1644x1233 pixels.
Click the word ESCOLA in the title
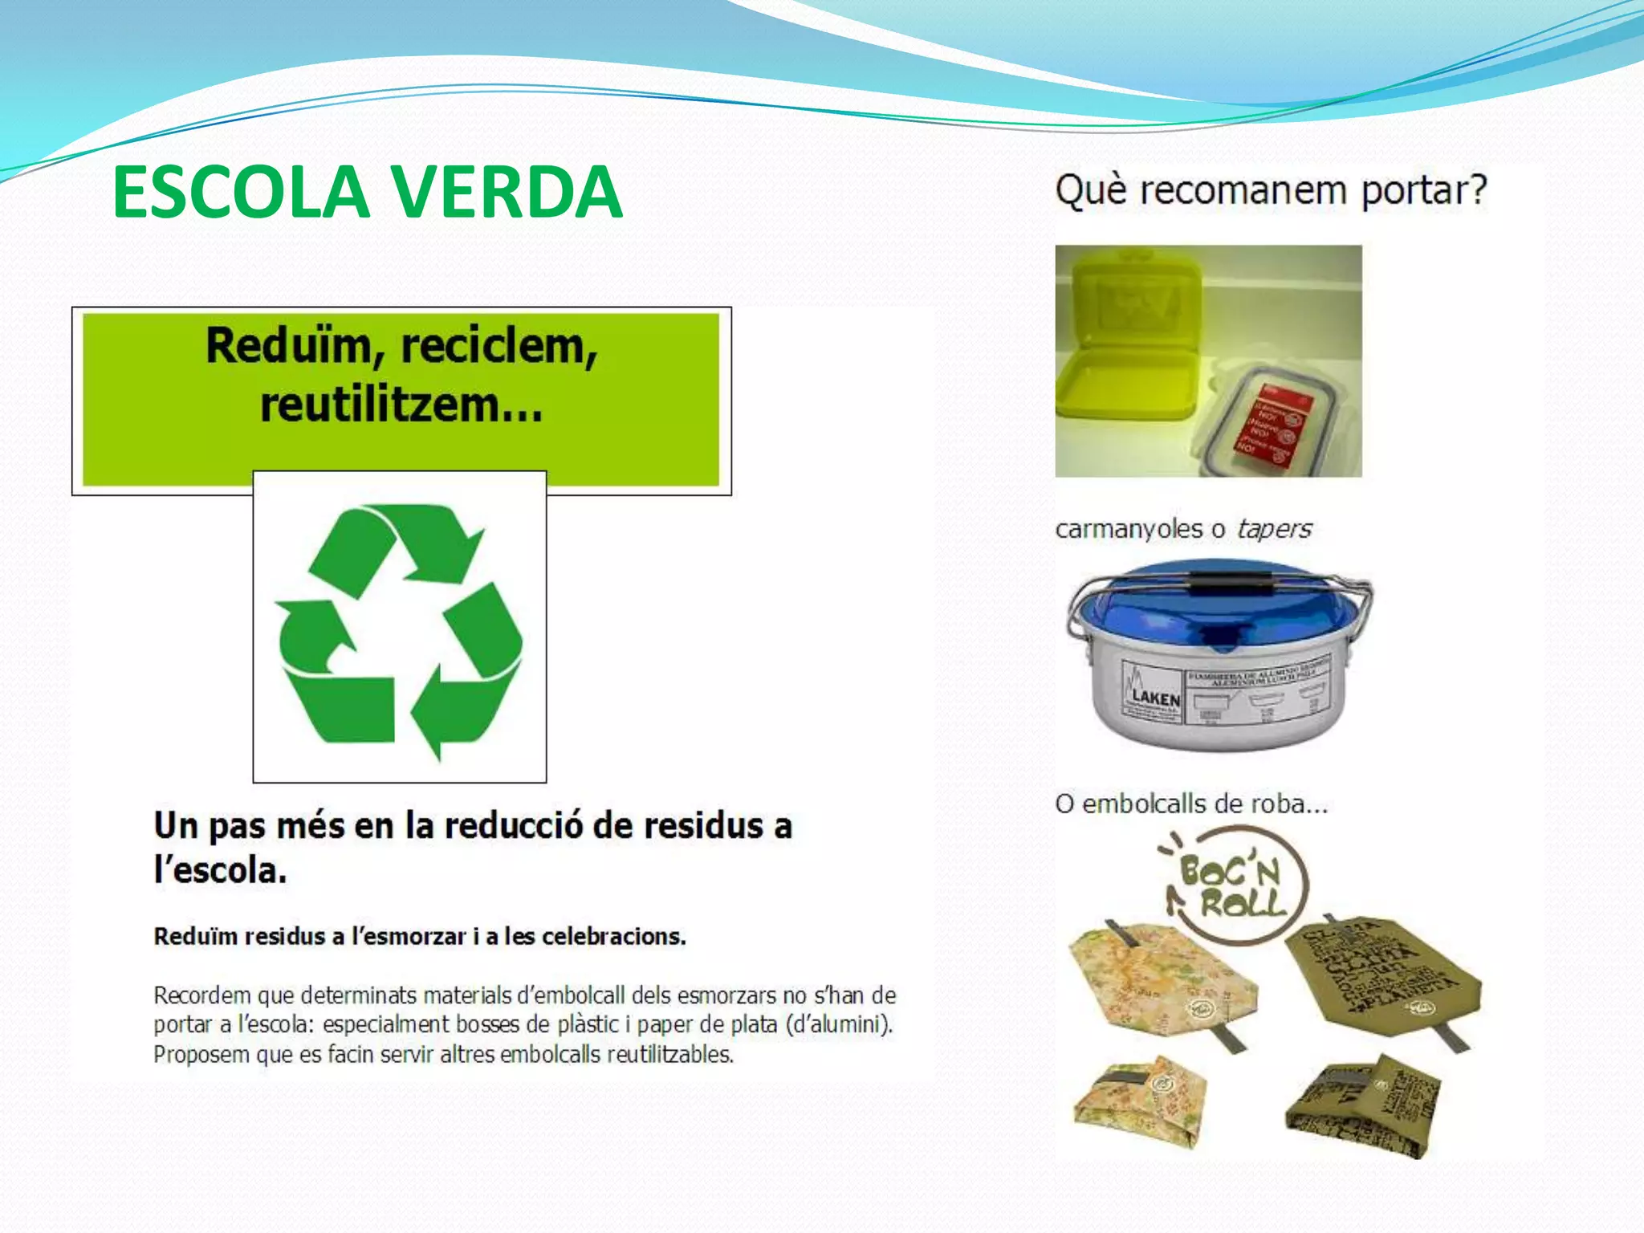coord(241,193)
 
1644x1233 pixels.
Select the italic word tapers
coord(1274,529)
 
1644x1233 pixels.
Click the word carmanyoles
coord(1129,530)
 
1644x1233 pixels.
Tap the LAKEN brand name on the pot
coord(1156,698)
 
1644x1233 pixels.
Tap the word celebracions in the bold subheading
coord(613,937)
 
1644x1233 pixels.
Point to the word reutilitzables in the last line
coord(669,1055)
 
